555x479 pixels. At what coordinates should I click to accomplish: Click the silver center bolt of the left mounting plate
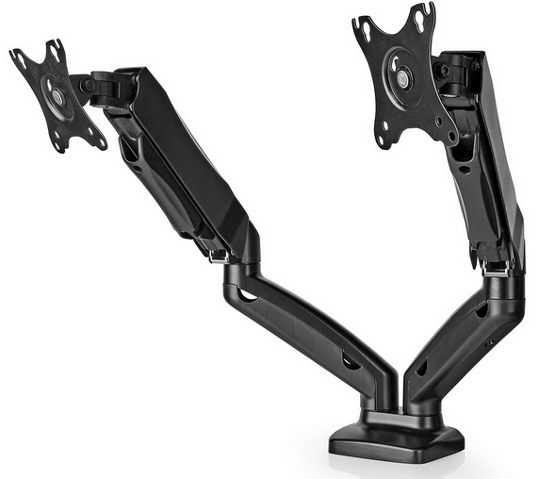[58, 96]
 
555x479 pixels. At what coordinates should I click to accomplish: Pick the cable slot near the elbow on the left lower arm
[249, 296]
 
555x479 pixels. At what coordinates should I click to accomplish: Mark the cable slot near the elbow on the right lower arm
[482, 309]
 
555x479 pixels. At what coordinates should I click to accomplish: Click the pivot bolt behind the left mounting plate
[88, 86]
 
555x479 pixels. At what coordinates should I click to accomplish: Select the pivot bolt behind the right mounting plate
[443, 72]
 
